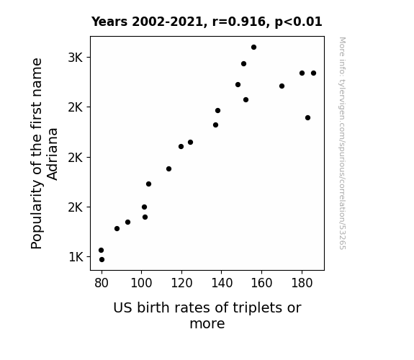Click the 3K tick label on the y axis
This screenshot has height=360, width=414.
(x=76, y=58)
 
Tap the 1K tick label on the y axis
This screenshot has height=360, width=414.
(x=76, y=257)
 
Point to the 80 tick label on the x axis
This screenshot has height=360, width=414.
(x=102, y=283)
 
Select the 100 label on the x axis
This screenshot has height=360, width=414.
(x=141, y=283)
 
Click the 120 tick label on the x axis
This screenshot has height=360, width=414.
(x=181, y=283)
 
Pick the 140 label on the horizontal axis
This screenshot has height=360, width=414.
(x=222, y=283)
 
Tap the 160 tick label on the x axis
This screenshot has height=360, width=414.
(x=261, y=283)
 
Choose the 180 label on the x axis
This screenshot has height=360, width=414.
(x=302, y=283)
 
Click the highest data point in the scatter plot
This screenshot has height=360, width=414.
(x=253, y=48)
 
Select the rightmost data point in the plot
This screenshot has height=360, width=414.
(x=313, y=73)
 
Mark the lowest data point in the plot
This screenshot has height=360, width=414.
(x=102, y=260)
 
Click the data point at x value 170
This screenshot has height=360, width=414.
(x=282, y=86)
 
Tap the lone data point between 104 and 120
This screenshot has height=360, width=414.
(x=168, y=168)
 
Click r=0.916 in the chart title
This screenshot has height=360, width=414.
(x=239, y=22)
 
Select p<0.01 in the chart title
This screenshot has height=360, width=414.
(x=298, y=22)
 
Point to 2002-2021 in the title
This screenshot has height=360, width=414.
(x=167, y=22)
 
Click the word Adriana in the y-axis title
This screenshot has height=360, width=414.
(x=52, y=154)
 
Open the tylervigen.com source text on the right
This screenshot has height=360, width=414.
(x=342, y=143)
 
